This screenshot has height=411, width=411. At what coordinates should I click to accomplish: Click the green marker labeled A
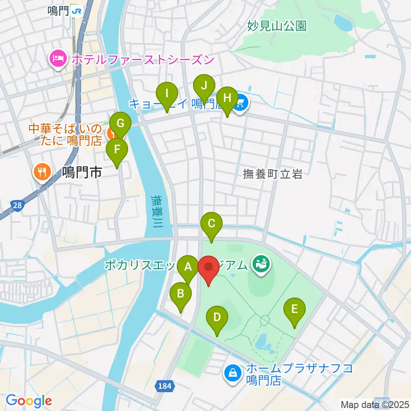coord(188,269)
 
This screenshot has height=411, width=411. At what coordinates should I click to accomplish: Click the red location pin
coord(208,268)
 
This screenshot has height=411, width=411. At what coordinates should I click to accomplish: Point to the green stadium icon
coord(260,263)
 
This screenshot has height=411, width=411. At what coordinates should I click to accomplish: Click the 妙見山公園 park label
coord(277,26)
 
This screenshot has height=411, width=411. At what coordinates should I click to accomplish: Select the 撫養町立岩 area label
coord(273,174)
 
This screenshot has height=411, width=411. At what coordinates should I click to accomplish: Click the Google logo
coord(29,401)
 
